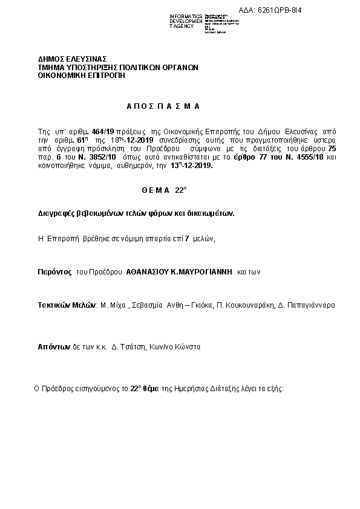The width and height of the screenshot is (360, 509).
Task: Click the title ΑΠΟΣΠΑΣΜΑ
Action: click(x=163, y=106)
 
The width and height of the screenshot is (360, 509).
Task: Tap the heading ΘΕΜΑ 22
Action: click(x=164, y=189)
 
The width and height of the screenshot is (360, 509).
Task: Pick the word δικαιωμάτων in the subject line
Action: click(x=211, y=213)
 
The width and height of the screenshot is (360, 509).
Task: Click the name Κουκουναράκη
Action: click(x=254, y=305)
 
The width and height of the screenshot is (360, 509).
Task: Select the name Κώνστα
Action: click(x=186, y=348)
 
